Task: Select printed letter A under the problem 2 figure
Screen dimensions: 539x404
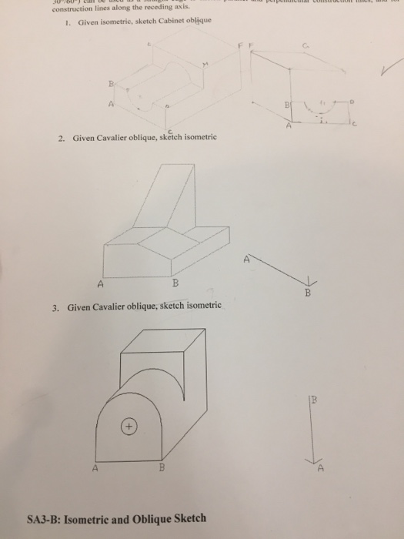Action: coord(101,282)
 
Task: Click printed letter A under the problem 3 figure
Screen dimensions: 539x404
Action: coord(95,468)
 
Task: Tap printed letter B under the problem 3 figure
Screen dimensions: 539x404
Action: coord(162,468)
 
